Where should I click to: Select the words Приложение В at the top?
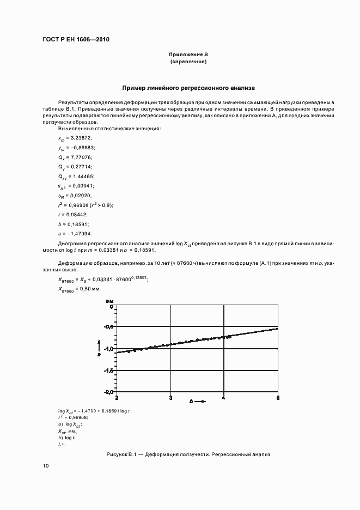click(188, 55)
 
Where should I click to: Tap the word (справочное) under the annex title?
click(188, 62)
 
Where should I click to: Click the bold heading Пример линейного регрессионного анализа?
click(188, 88)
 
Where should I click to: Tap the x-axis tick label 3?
click(170, 398)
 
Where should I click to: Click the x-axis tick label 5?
click(278, 398)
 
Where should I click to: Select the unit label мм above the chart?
click(109, 301)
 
